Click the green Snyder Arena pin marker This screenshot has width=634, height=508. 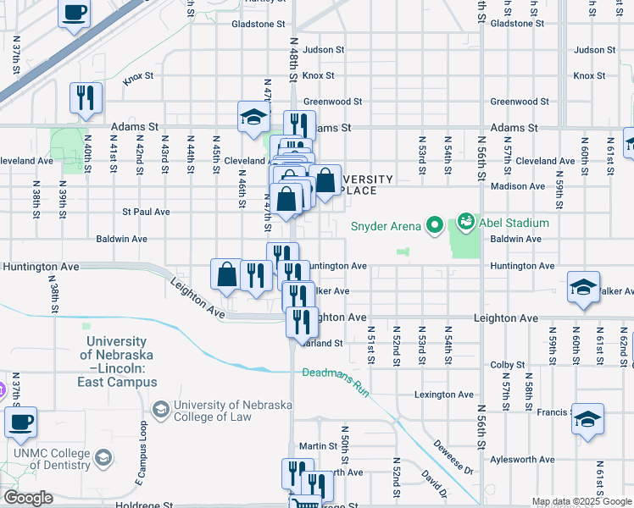pyautogui.click(x=435, y=225)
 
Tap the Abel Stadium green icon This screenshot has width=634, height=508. pyautogui.click(x=465, y=224)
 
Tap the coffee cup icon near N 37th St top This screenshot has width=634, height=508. pyautogui.click(x=74, y=13)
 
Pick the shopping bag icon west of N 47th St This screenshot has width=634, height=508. pyautogui.click(x=226, y=274)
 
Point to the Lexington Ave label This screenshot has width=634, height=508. pyautogui.click(x=443, y=395)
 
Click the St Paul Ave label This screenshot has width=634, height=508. pyautogui.click(x=146, y=212)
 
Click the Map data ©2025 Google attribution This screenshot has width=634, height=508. pyautogui.click(x=581, y=501)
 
